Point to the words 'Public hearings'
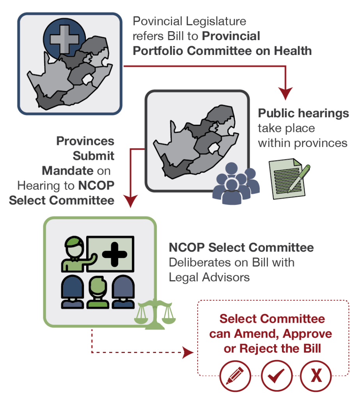(303, 113)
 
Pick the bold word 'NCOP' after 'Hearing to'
(96, 185)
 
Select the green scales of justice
(155, 314)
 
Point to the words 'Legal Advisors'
(209, 277)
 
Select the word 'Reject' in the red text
(258, 349)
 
